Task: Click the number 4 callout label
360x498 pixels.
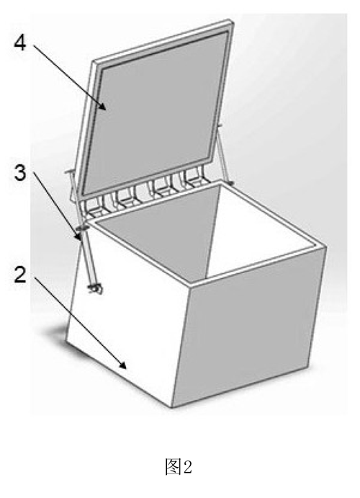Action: (x=20, y=43)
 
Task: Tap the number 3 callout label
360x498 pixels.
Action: (x=20, y=173)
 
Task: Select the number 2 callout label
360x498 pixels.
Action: (x=20, y=275)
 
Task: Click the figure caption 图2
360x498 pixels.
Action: (x=179, y=467)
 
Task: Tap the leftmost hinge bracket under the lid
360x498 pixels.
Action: (x=94, y=209)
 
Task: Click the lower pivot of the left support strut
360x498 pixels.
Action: (x=95, y=288)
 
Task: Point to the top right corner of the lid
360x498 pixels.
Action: (x=232, y=22)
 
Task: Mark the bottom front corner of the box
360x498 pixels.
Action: (x=172, y=407)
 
